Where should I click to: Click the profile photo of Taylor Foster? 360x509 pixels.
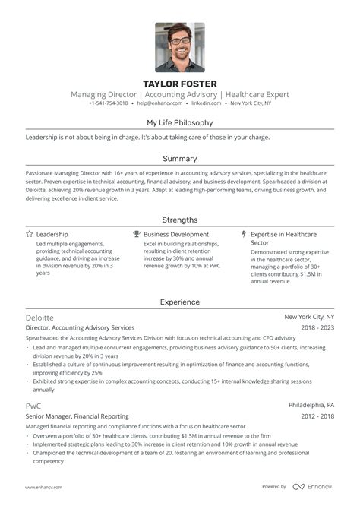coord(180,46)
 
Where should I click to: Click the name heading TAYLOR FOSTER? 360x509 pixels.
coord(180,84)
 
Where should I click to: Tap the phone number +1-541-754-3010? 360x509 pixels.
coord(109,103)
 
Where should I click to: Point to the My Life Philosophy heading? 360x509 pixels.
coord(180,122)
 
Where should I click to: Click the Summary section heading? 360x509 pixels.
coord(180,159)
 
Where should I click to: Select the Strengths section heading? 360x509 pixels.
coord(180,220)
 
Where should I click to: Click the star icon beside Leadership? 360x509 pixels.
coord(29,235)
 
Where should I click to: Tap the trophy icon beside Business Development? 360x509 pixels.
coord(137,235)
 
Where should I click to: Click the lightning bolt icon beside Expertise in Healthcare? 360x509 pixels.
coord(244,235)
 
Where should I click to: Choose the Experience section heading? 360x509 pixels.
coord(180,302)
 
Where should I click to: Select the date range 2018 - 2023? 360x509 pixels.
coord(317,327)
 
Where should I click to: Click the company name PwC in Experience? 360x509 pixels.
coord(33,406)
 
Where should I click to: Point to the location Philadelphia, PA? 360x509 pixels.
coord(312,406)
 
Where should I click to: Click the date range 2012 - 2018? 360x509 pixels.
coord(317,416)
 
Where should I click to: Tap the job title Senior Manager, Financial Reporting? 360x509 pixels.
coord(77,416)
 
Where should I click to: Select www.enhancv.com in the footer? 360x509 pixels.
coord(43,487)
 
